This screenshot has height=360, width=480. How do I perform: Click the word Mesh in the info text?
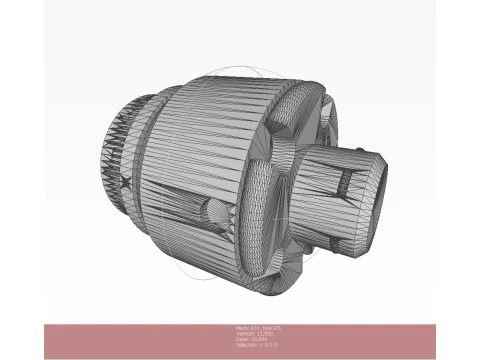point(241,327)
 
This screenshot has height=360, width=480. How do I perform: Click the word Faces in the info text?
point(241,339)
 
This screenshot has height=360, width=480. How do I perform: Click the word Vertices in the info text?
point(244,333)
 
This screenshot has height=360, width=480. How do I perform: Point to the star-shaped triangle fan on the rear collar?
point(124,182)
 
